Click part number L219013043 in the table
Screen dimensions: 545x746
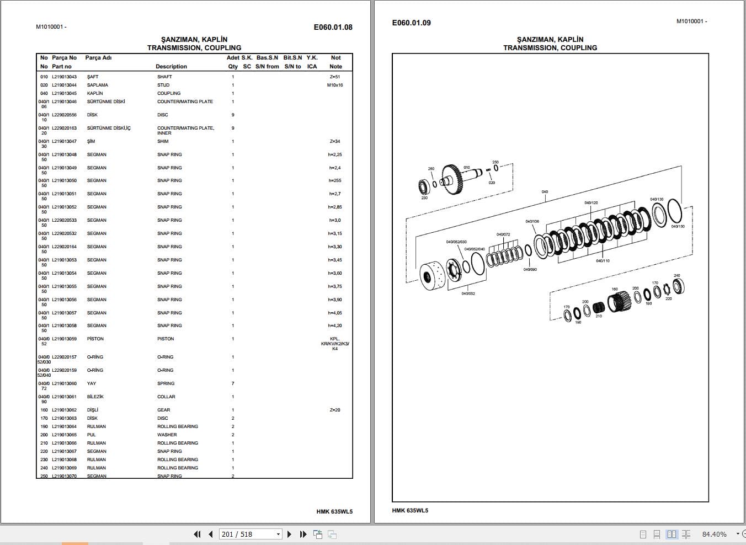coord(64,77)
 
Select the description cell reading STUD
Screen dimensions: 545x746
coord(163,85)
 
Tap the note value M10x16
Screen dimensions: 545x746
coord(334,85)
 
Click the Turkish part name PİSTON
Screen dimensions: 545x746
coord(95,339)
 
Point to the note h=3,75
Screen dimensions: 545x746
coord(334,286)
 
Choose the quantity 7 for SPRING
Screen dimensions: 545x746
coord(233,383)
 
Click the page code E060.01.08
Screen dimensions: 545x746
coord(333,27)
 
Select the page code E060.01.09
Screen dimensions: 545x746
coord(411,23)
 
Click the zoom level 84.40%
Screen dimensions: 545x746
coord(714,534)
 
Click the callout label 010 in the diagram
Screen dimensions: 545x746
coord(467,168)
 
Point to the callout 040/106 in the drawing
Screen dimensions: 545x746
coord(532,221)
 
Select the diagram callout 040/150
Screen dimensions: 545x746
coord(678,226)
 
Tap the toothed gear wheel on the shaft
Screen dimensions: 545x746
coord(453,179)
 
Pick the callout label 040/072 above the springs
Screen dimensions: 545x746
coord(503,234)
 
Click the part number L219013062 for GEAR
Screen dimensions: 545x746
coord(64,410)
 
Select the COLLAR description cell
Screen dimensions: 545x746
coord(166,397)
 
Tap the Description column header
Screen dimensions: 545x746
coord(171,66)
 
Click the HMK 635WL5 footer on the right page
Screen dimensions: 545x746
coord(410,510)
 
